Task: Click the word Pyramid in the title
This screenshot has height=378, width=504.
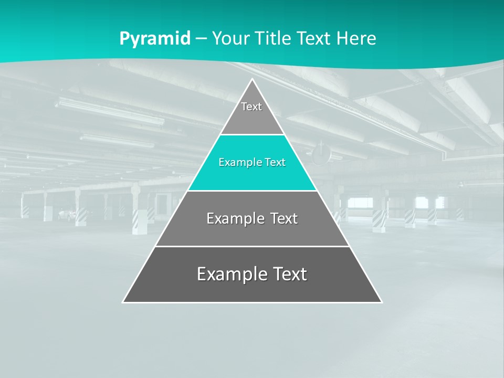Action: [154, 39]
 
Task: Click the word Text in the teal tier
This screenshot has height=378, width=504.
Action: [274, 163]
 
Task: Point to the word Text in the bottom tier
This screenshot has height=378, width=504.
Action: [289, 274]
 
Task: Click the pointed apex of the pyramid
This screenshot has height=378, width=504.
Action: [253, 80]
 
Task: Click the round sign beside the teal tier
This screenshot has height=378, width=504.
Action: [321, 153]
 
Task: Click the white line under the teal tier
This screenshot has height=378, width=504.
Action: [252, 191]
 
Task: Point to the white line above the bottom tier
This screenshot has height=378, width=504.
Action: [252, 246]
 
